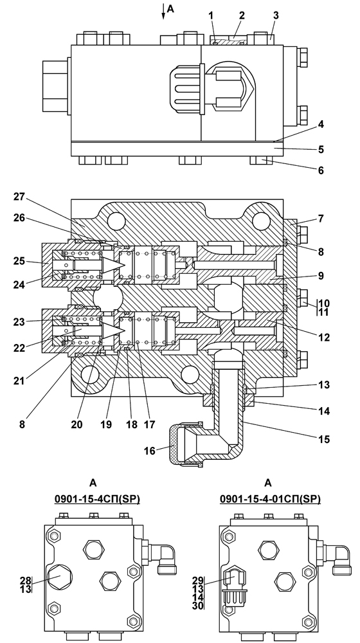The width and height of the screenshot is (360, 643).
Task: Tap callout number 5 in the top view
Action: tap(321, 150)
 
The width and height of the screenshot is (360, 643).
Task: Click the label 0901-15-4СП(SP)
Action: tap(98, 499)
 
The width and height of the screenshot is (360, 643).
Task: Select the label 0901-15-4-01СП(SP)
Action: tap(270, 499)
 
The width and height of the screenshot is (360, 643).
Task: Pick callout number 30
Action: tap(197, 606)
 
